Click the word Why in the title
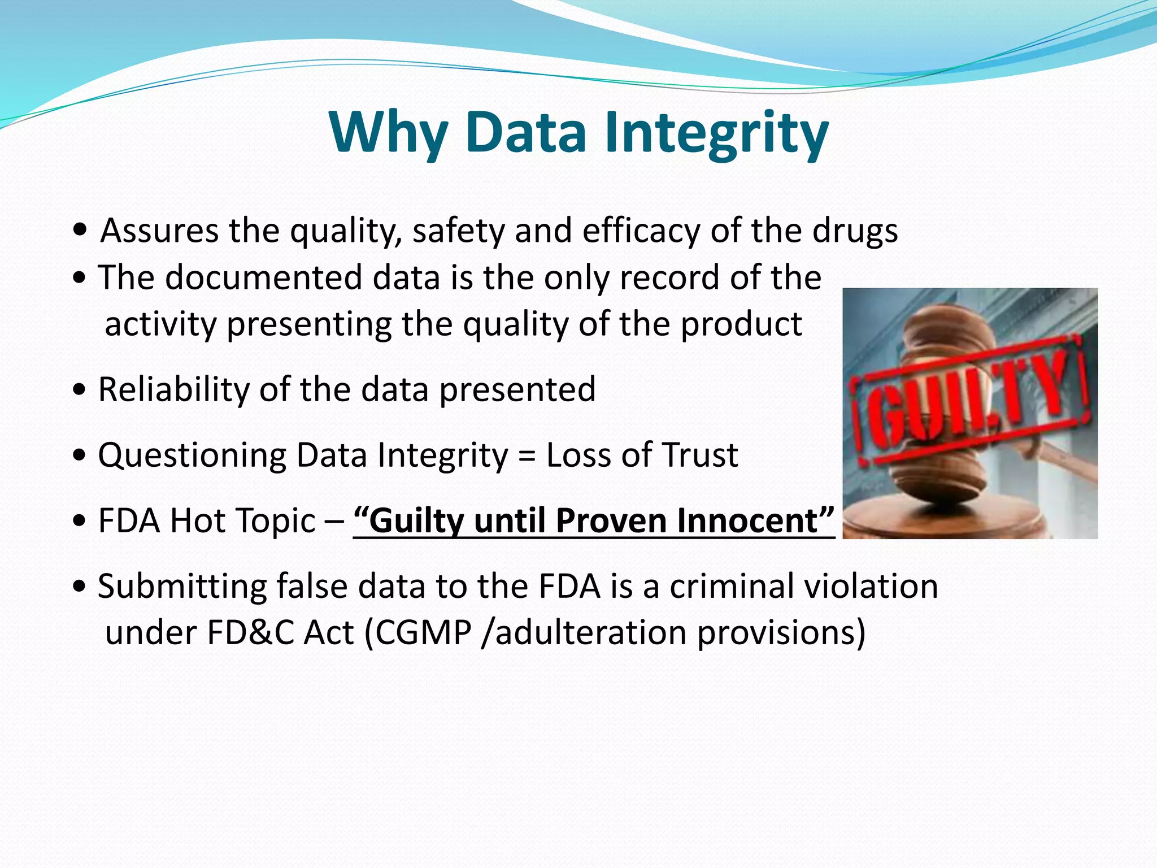[x=388, y=133]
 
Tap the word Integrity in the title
[x=716, y=133]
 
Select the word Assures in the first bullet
[x=159, y=231]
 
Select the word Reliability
[x=173, y=389]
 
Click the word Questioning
[x=192, y=455]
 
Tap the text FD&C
[x=250, y=632]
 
